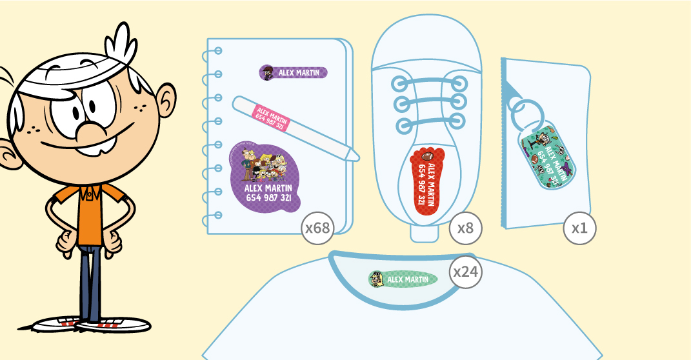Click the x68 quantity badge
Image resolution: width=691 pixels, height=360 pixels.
[317, 228]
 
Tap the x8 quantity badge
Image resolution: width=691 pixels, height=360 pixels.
[465, 228]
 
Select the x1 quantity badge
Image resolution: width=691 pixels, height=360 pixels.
[579, 228]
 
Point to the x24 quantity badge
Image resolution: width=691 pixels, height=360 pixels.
[465, 272]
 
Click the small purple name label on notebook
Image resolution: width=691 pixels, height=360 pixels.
[294, 73]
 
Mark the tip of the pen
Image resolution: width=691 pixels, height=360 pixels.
[355, 155]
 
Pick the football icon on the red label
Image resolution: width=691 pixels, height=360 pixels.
[428, 156]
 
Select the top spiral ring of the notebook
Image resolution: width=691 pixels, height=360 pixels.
[217, 50]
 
